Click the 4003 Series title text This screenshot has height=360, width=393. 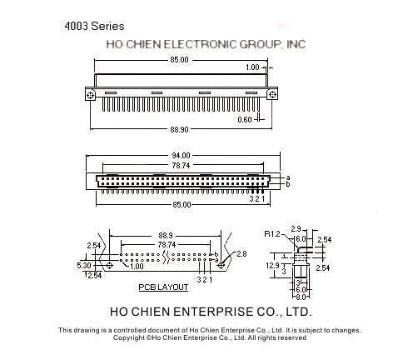point(94,26)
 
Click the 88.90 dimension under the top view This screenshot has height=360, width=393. point(179,129)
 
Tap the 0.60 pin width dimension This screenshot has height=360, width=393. point(245,120)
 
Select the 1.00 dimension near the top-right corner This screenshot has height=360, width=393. point(252,67)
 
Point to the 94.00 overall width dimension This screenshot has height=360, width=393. point(181,156)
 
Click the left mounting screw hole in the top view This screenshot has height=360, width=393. point(90,95)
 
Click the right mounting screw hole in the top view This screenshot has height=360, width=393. point(272,95)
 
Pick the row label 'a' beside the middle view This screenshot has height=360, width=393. point(288,177)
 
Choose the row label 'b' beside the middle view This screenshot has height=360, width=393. point(288,184)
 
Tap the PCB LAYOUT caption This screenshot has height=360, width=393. point(163,287)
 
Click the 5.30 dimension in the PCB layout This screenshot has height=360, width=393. point(84,266)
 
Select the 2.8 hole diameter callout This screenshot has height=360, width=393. point(241,254)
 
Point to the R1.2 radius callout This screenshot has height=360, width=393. point(272,234)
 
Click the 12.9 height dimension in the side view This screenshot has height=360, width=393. point(272,266)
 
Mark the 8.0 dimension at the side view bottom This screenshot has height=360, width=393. point(301,297)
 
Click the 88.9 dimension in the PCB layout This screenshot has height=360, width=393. point(166,236)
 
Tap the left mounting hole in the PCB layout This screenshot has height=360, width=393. point(109,266)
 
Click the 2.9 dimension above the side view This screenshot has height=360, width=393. point(296,229)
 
